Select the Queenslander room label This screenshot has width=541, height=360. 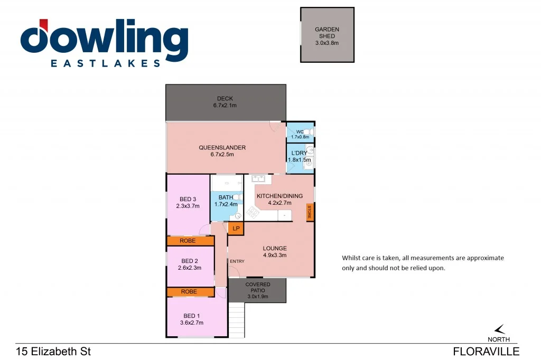[x=222, y=148]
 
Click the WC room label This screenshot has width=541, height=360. [x=299, y=131]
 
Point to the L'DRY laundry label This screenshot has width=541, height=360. [x=296, y=153]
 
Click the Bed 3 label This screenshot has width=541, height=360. [x=188, y=199]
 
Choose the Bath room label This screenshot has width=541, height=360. [x=226, y=197]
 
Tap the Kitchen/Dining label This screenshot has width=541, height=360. [x=279, y=196]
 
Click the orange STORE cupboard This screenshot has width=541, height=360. [x=310, y=212]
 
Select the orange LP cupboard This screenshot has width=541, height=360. [x=236, y=229]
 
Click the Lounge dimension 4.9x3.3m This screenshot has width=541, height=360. [x=275, y=255]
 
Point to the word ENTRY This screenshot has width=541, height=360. [x=237, y=261]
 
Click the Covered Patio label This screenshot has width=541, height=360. [x=257, y=288]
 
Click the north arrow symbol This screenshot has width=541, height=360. [x=499, y=329]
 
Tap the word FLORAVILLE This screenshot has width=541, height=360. [x=486, y=352]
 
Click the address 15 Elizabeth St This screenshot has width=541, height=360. [x=50, y=352]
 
